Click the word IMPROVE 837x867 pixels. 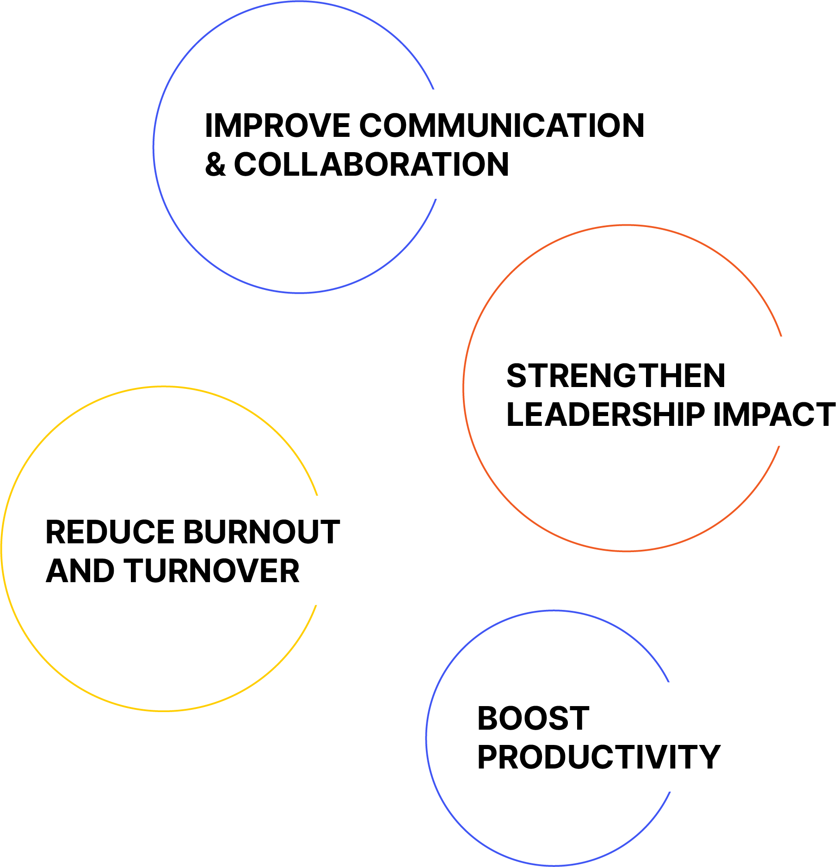pyautogui.click(x=277, y=126)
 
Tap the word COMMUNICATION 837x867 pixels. pyautogui.click(x=502, y=126)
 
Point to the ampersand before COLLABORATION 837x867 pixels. pyautogui.click(x=215, y=165)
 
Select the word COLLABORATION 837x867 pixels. pyautogui.click(x=371, y=165)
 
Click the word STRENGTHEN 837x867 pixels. pyautogui.click(x=615, y=376)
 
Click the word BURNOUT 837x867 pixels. pyautogui.click(x=262, y=532)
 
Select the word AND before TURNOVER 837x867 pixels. pyautogui.click(x=80, y=571)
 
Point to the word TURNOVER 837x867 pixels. pyautogui.click(x=213, y=571)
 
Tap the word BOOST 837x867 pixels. pyautogui.click(x=533, y=719)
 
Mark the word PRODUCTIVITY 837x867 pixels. pyautogui.click(x=599, y=757)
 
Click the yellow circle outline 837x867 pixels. pyautogui.click(x=1, y=548)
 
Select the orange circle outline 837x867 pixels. pyautogui.click(x=463, y=388)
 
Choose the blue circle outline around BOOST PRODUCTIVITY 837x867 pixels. pyautogui.click(x=426, y=738)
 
